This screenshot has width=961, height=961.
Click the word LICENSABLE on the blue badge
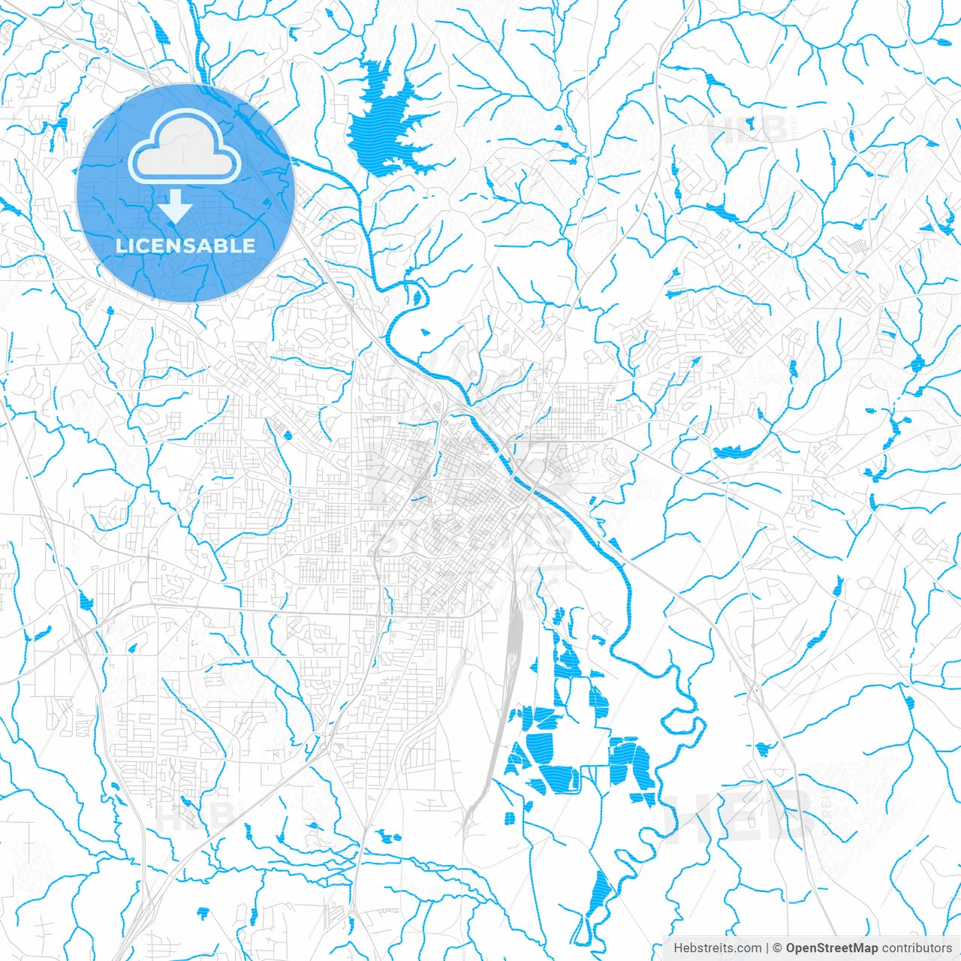point(185,246)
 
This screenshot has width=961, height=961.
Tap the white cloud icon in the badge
point(185,148)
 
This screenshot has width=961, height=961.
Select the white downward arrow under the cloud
point(176,205)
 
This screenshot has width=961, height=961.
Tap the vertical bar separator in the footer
point(768,947)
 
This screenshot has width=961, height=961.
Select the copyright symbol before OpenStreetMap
point(779,947)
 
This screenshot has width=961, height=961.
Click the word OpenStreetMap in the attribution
point(832,947)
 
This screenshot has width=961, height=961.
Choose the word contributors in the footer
point(917,947)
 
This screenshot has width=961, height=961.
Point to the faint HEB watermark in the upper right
point(746,128)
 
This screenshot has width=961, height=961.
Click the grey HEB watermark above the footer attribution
point(740,815)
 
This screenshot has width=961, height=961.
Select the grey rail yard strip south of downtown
point(514,638)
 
